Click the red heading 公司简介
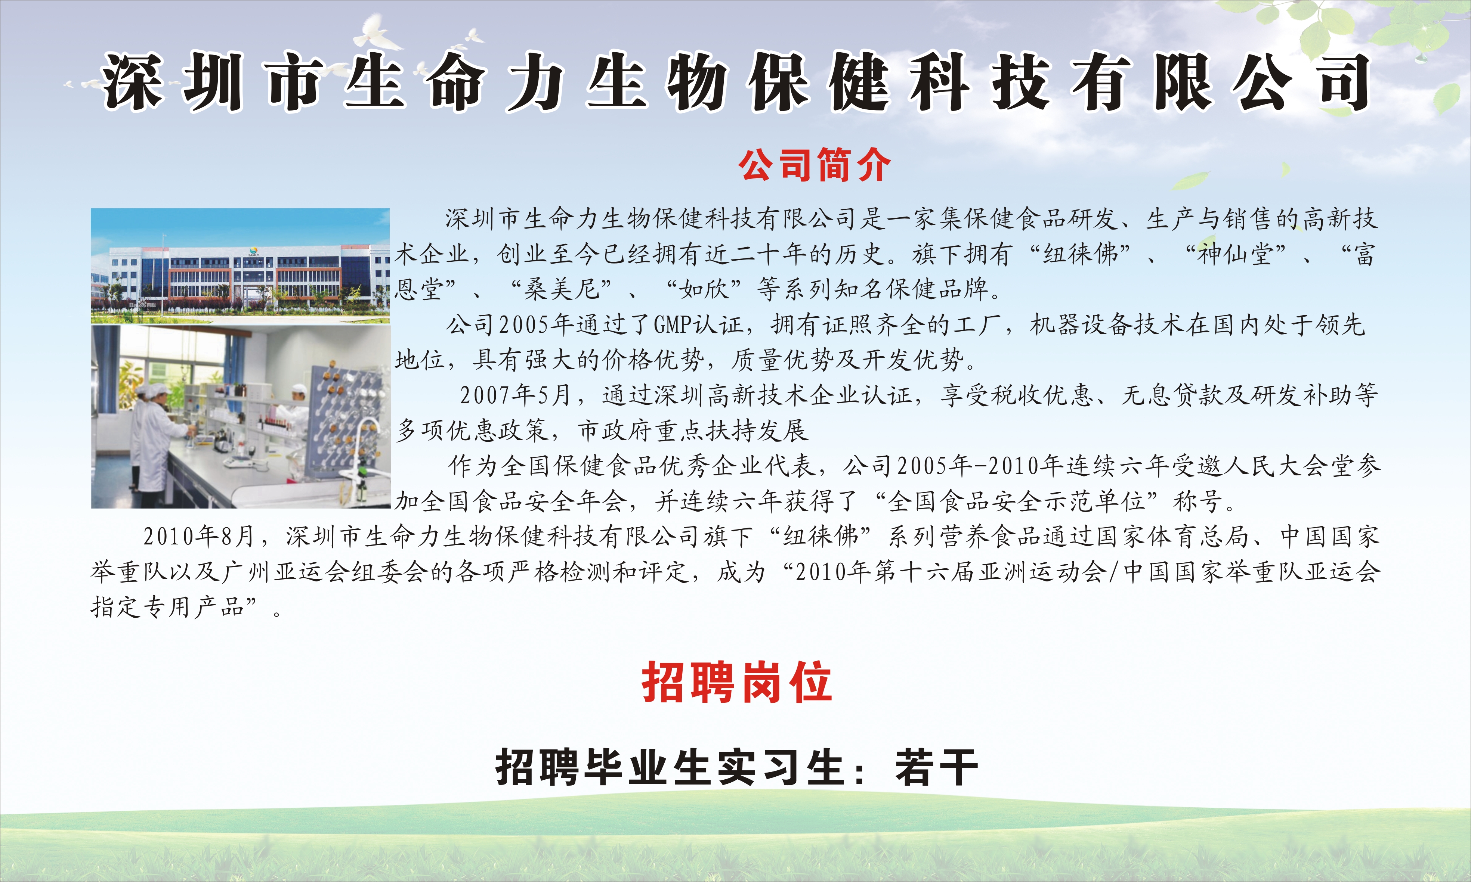point(814,165)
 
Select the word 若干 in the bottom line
point(936,767)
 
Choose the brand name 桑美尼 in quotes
point(561,289)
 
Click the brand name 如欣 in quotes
point(704,289)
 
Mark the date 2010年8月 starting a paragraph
point(198,537)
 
